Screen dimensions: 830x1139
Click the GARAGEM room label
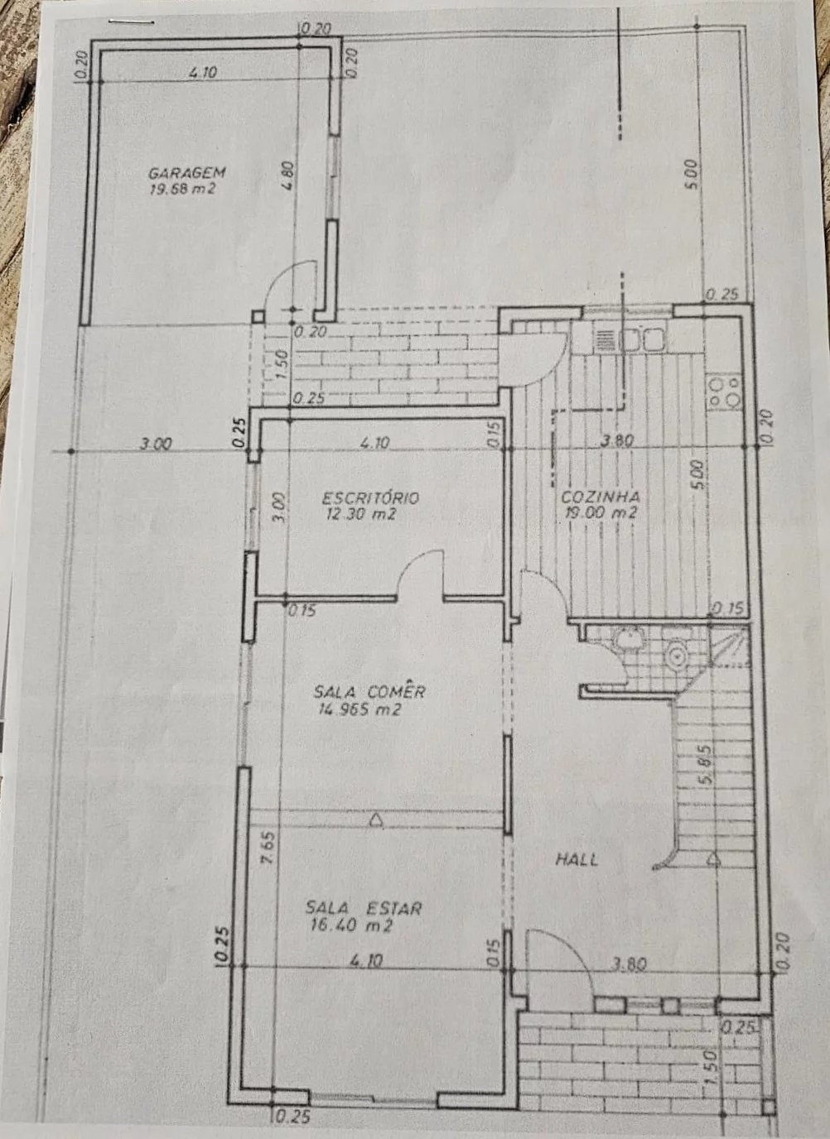tap(186, 173)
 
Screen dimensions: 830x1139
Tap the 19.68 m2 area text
tap(183, 190)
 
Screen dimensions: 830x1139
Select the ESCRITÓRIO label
tap(370, 497)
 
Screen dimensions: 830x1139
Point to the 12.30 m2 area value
tap(361, 515)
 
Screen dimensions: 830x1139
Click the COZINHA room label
tap(601, 496)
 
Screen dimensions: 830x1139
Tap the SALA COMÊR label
tap(369, 691)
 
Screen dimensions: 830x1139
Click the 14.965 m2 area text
tap(360, 709)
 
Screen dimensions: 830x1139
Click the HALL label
tap(577, 860)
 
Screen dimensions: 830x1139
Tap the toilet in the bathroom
tap(678, 656)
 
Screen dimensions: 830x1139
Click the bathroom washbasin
tap(629, 639)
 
